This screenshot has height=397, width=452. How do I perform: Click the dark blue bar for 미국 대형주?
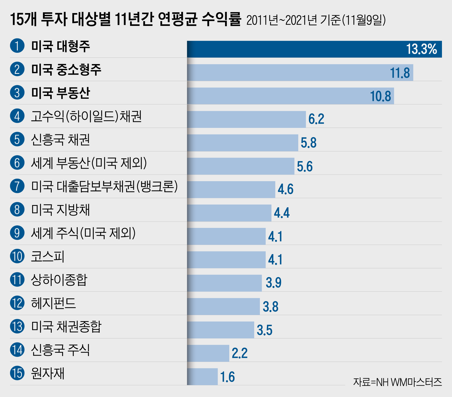click(296, 49)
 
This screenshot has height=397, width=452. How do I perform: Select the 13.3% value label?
click(421, 49)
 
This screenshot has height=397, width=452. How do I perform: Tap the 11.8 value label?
click(400, 73)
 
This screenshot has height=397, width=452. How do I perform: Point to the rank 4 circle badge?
click(17, 116)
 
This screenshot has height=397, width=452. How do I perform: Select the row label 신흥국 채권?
click(60, 140)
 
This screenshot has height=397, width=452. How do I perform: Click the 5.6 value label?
click(305, 166)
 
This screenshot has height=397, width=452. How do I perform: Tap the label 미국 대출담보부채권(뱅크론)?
click(104, 186)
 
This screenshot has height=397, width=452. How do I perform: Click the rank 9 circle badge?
click(17, 233)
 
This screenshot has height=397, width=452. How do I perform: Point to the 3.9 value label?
click(273, 283)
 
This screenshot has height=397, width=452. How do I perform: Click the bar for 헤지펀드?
click(223, 307)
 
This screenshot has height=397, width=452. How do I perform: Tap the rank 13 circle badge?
click(17, 327)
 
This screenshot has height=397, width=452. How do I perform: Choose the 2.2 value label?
click(240, 353)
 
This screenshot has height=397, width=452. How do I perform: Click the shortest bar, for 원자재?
click(202, 377)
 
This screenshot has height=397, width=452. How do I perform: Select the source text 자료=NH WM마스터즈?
click(397, 382)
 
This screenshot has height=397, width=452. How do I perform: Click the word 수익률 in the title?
click(221, 19)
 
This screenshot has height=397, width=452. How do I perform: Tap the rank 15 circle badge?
click(17, 373)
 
